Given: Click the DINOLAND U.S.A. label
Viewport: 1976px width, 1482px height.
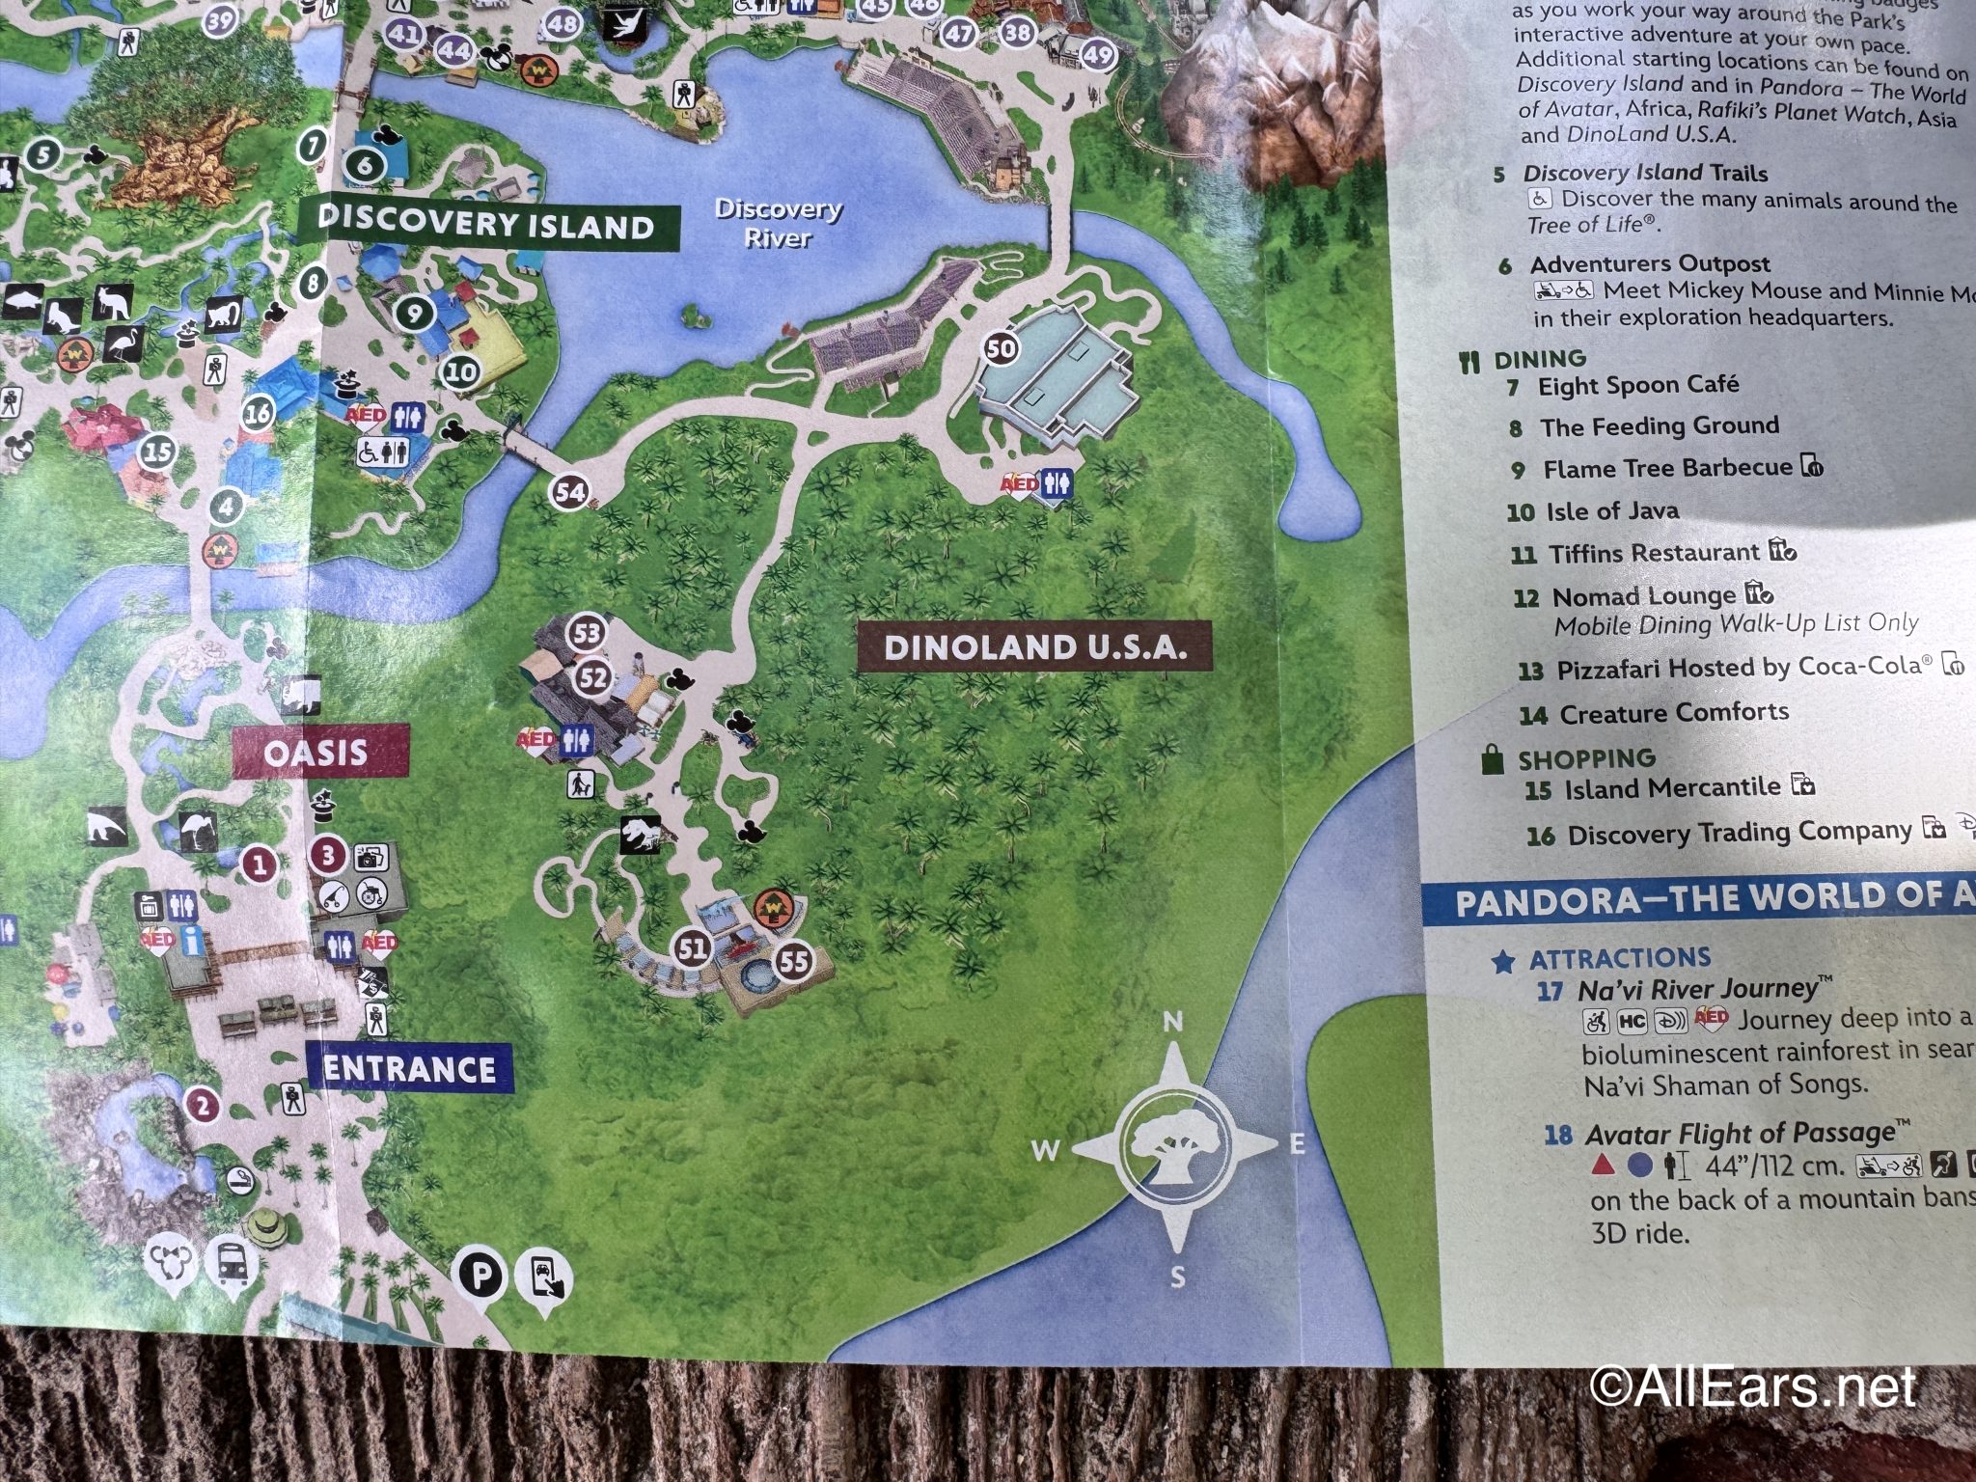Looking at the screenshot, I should [x=1033, y=647].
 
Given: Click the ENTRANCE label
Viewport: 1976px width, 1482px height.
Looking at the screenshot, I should [x=409, y=1069].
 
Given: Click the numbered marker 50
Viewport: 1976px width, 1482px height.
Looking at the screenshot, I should [x=1002, y=347].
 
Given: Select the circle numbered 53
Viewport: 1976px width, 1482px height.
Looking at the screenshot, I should [x=587, y=634].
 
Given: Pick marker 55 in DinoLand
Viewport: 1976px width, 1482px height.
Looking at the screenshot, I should [x=793, y=961].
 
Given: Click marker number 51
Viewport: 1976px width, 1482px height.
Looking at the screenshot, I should [x=693, y=949].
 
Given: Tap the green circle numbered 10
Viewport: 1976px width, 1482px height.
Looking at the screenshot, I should [x=461, y=370].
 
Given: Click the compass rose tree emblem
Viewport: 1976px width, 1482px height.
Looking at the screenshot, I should [x=1175, y=1149].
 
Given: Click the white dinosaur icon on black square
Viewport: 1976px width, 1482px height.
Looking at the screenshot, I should [x=642, y=836].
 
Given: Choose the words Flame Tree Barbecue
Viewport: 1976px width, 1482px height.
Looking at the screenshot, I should [x=1666, y=469].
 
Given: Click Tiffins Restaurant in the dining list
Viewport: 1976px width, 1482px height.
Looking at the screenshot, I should [x=1654, y=553].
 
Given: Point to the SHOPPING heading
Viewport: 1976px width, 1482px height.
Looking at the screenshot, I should [x=1586, y=758].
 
